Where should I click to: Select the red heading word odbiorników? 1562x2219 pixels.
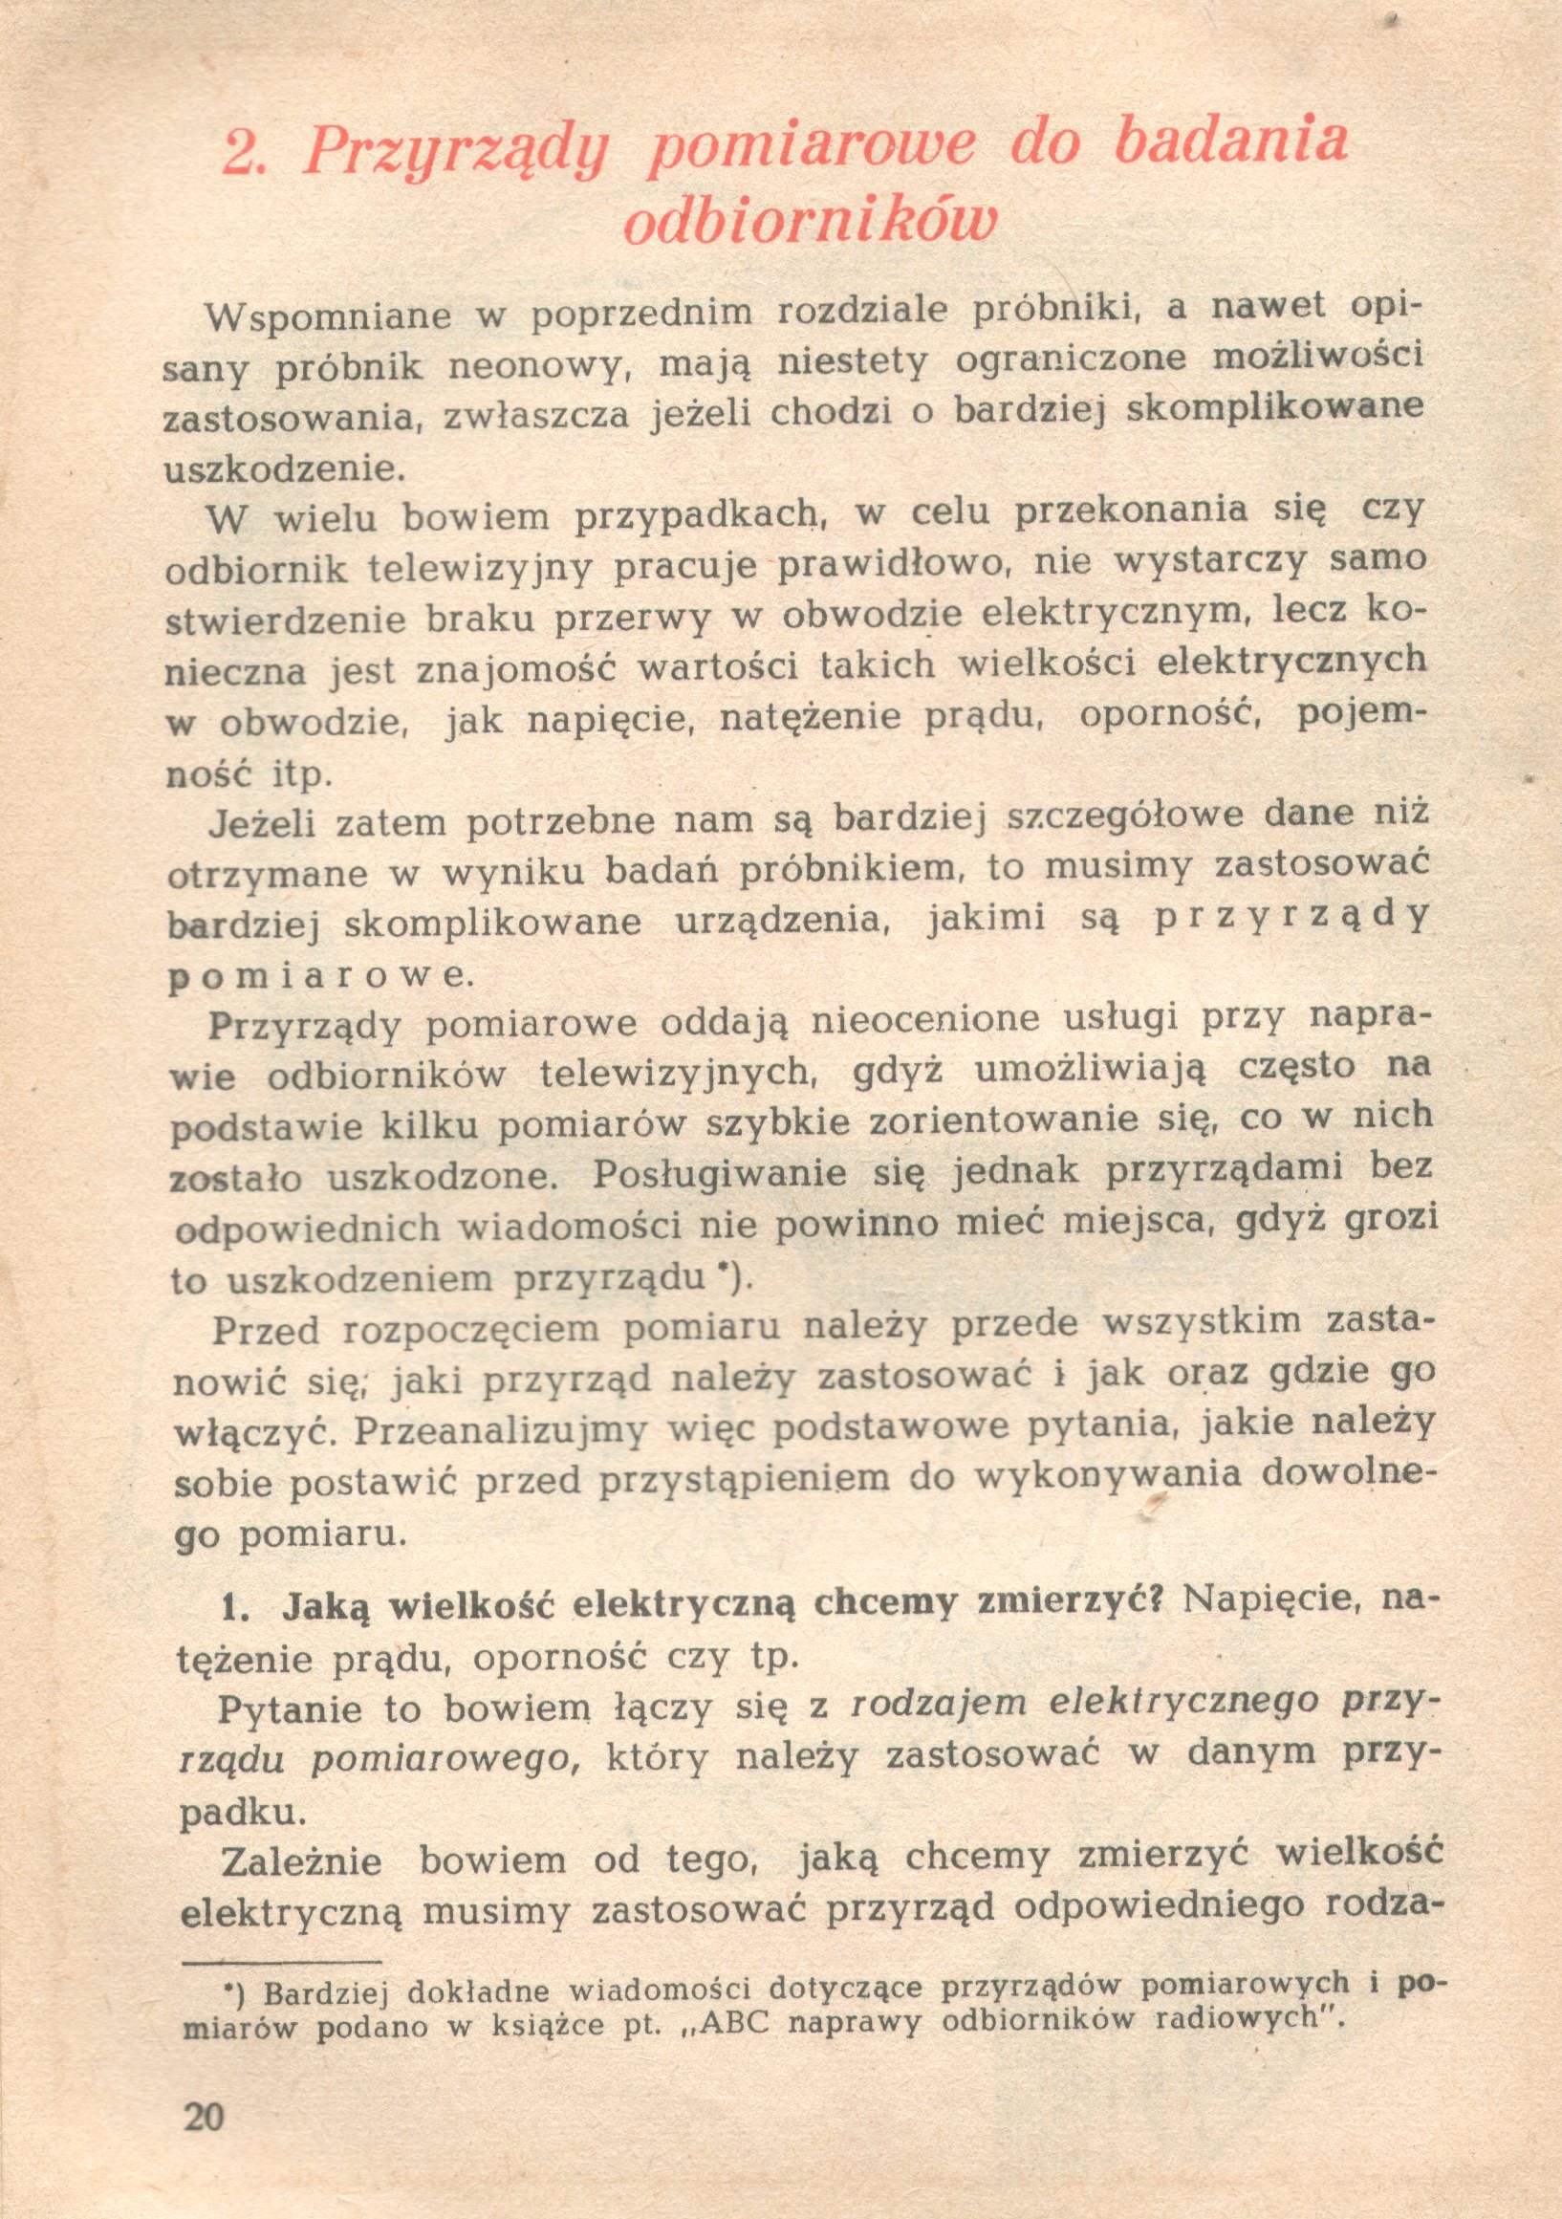(809, 223)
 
